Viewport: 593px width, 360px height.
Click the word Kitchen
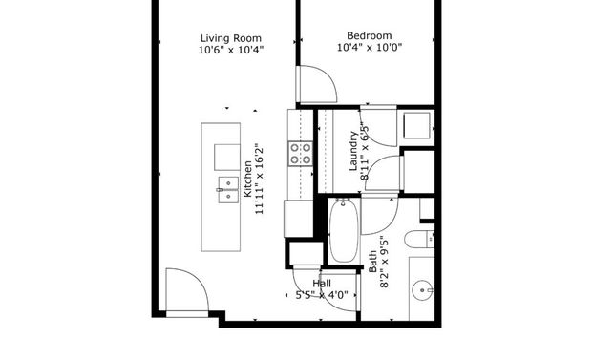[247, 179]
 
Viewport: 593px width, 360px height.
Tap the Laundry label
[352, 151]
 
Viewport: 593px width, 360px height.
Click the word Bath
[372, 261]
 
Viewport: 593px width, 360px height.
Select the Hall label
[322, 284]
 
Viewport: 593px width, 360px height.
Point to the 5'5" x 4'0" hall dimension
[321, 296]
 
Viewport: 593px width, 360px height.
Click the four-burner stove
[301, 153]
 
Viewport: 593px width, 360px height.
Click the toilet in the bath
[419, 239]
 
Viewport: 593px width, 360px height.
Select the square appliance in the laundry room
[417, 126]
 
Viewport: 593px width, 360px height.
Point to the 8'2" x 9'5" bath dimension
[384, 261]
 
